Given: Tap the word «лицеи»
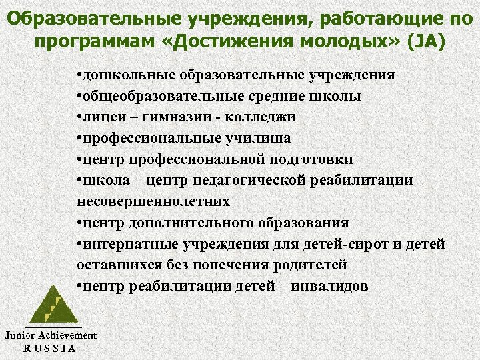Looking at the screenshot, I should (x=100, y=117).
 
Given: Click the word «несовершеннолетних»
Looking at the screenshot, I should (x=153, y=201).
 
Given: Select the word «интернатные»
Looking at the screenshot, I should (x=123, y=244).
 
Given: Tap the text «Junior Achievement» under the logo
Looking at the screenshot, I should (x=50, y=336).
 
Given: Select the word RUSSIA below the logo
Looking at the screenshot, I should (x=49, y=348).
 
